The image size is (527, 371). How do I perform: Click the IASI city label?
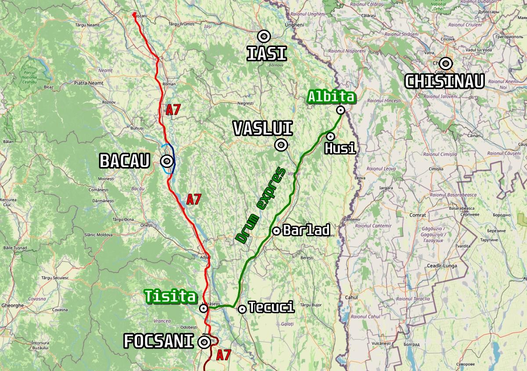click(267, 54)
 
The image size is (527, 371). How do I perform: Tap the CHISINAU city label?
click(444, 81)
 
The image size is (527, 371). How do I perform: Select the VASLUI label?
click(263, 129)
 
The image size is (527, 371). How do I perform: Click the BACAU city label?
click(125, 161)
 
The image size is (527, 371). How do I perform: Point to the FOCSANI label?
click(159, 342)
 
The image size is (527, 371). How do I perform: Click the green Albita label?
click(331, 97)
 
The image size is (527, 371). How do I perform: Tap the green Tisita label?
click(171, 296)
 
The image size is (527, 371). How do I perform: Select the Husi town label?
click(339, 148)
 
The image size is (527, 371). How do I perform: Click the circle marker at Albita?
click(340, 110)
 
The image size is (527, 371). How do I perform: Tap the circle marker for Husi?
click(330, 136)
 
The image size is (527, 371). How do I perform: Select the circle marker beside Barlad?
click(277, 231)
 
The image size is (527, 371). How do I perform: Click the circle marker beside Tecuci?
click(242, 309)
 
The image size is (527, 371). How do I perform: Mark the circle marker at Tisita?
click(204, 309)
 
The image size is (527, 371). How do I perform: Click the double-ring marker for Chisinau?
click(446, 63)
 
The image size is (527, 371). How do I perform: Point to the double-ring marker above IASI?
click(263, 36)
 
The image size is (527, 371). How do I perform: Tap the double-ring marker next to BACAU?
click(167, 161)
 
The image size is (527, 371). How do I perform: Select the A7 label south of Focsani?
click(224, 355)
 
